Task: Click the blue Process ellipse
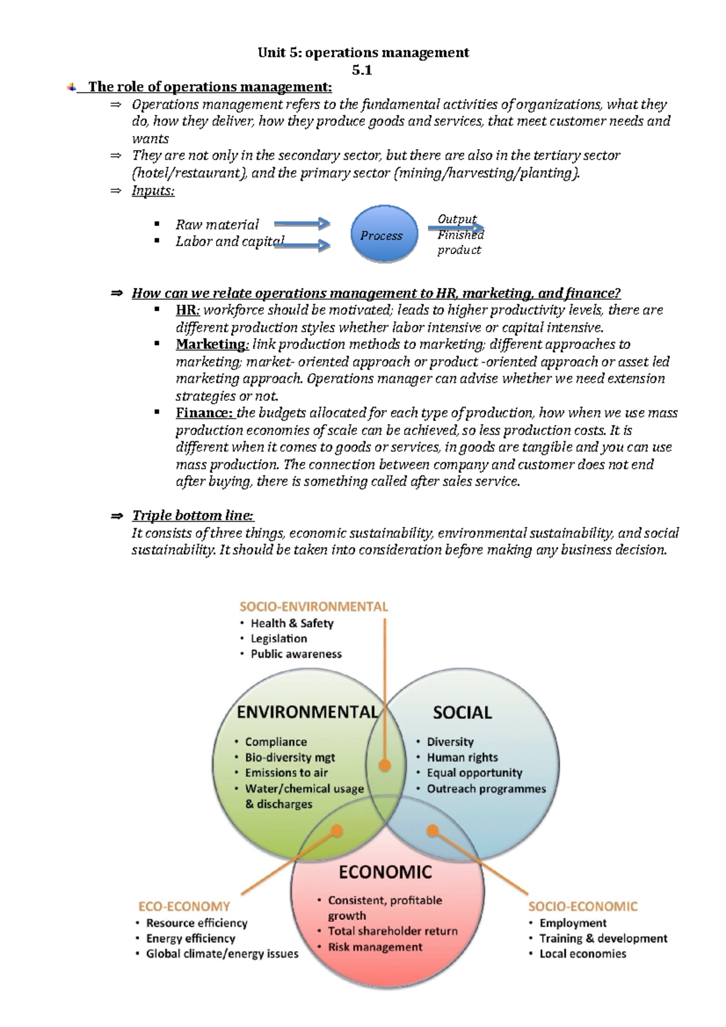click(384, 235)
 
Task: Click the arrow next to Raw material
click(302, 224)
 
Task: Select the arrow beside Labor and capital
click(302, 245)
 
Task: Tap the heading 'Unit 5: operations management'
click(363, 53)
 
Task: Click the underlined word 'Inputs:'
click(153, 191)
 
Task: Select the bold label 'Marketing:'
click(212, 344)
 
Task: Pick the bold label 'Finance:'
click(204, 412)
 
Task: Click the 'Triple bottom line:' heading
click(193, 515)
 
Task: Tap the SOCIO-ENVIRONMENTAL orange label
click(313, 607)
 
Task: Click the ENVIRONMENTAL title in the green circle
click(307, 712)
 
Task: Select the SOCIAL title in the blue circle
click(462, 712)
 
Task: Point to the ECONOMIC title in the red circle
click(385, 872)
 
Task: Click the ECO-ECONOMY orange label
click(184, 907)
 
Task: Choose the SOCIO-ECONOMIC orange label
click(583, 907)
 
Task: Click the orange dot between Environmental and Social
click(384, 765)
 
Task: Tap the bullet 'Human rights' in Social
click(462, 757)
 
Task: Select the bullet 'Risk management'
click(375, 947)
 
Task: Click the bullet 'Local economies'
click(583, 954)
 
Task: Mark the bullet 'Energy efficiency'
click(191, 939)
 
